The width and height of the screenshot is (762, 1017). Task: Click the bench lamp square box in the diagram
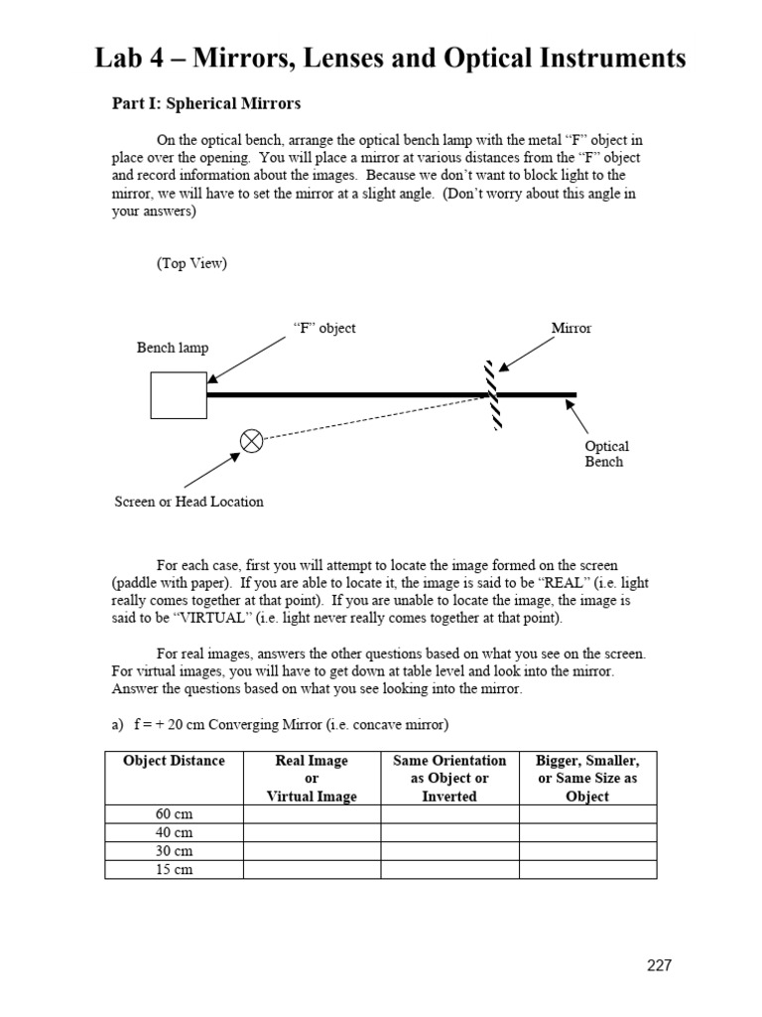[179, 395]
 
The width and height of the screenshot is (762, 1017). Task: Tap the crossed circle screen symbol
[252, 440]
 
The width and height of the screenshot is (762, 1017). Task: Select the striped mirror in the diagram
[493, 394]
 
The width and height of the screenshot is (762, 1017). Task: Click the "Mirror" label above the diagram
[571, 328]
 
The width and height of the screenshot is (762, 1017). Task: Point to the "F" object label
[324, 328]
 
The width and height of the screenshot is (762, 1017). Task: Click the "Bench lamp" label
[173, 348]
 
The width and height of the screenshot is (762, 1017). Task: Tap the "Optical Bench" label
[606, 455]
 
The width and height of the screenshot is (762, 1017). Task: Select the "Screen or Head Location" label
[190, 502]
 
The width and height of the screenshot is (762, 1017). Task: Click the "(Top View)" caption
[191, 263]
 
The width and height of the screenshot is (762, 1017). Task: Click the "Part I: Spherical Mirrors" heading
[205, 103]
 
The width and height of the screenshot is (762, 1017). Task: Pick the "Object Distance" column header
[174, 761]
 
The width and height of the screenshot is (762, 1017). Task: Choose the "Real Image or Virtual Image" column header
[312, 778]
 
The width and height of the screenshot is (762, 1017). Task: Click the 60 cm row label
[174, 814]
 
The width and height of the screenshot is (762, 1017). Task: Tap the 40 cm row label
[174, 833]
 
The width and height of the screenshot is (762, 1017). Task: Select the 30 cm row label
[174, 851]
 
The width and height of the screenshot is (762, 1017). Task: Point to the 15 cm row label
[174, 870]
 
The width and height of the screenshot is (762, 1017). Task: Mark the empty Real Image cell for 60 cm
[312, 814]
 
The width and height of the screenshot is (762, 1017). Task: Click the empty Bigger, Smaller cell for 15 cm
[587, 870]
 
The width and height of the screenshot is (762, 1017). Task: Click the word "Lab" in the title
[120, 59]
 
